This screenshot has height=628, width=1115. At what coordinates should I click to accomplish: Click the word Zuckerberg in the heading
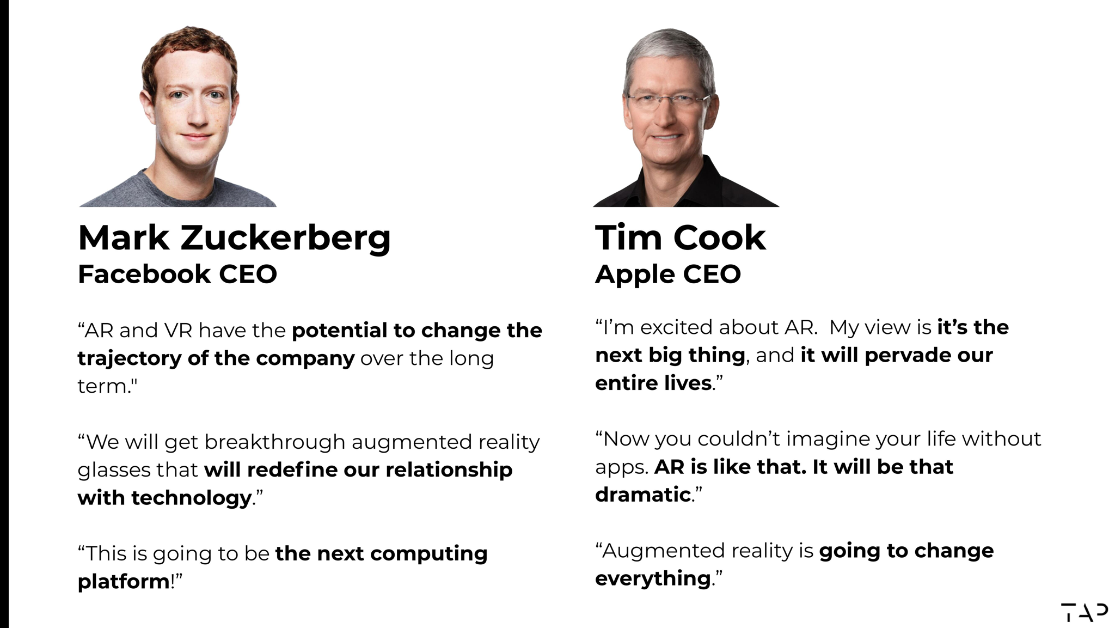(x=285, y=239)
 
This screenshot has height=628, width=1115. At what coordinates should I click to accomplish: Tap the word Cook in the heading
(x=719, y=238)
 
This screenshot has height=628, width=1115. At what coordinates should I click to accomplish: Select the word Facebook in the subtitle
(x=144, y=274)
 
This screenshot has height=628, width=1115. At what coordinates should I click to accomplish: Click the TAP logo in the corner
(x=1084, y=612)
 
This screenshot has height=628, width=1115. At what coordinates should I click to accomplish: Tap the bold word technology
(x=191, y=498)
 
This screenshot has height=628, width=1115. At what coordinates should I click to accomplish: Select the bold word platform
(x=124, y=582)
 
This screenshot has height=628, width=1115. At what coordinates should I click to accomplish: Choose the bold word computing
(x=429, y=554)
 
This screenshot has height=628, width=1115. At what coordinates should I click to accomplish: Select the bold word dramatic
(x=643, y=495)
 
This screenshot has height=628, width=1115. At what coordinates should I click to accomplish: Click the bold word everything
(x=653, y=578)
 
